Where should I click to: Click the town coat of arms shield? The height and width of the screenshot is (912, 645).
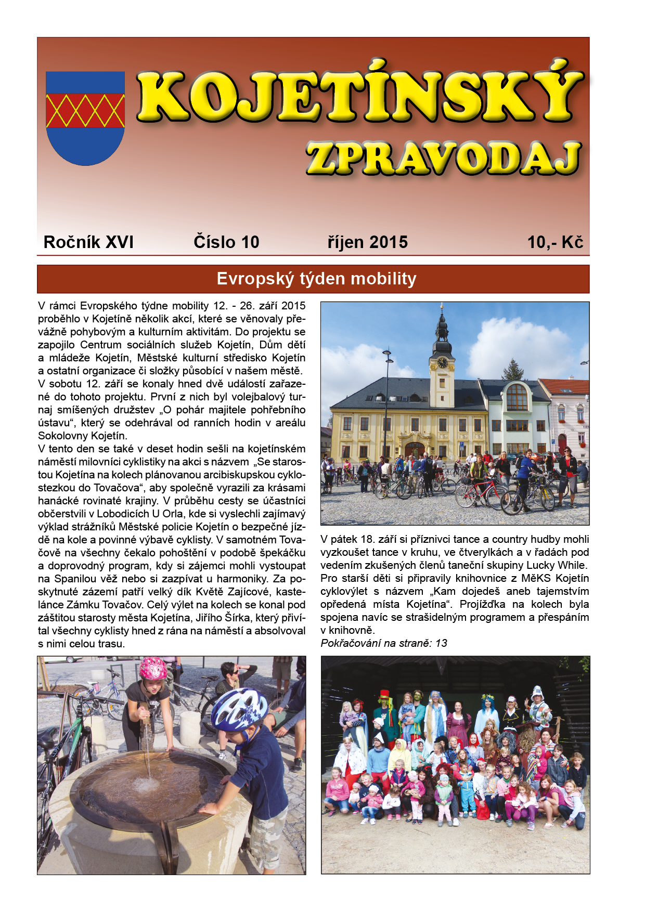[x=85, y=118]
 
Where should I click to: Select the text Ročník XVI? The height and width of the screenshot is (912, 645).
[x=88, y=242]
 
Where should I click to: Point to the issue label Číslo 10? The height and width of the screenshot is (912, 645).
[x=226, y=242]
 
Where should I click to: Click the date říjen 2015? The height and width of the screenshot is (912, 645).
[x=368, y=242]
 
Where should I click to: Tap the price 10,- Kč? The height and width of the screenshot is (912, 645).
[x=555, y=242]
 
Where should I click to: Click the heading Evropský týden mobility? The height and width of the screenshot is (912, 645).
[x=316, y=279]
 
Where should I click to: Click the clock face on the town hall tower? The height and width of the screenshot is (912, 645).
[x=442, y=362]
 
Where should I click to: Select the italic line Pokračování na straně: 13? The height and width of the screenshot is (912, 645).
[x=384, y=643]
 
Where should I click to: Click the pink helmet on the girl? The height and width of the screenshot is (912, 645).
[x=153, y=668]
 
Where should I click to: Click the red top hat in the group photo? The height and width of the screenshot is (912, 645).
[x=384, y=695]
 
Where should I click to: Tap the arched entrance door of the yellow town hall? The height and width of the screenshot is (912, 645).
[x=415, y=450]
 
